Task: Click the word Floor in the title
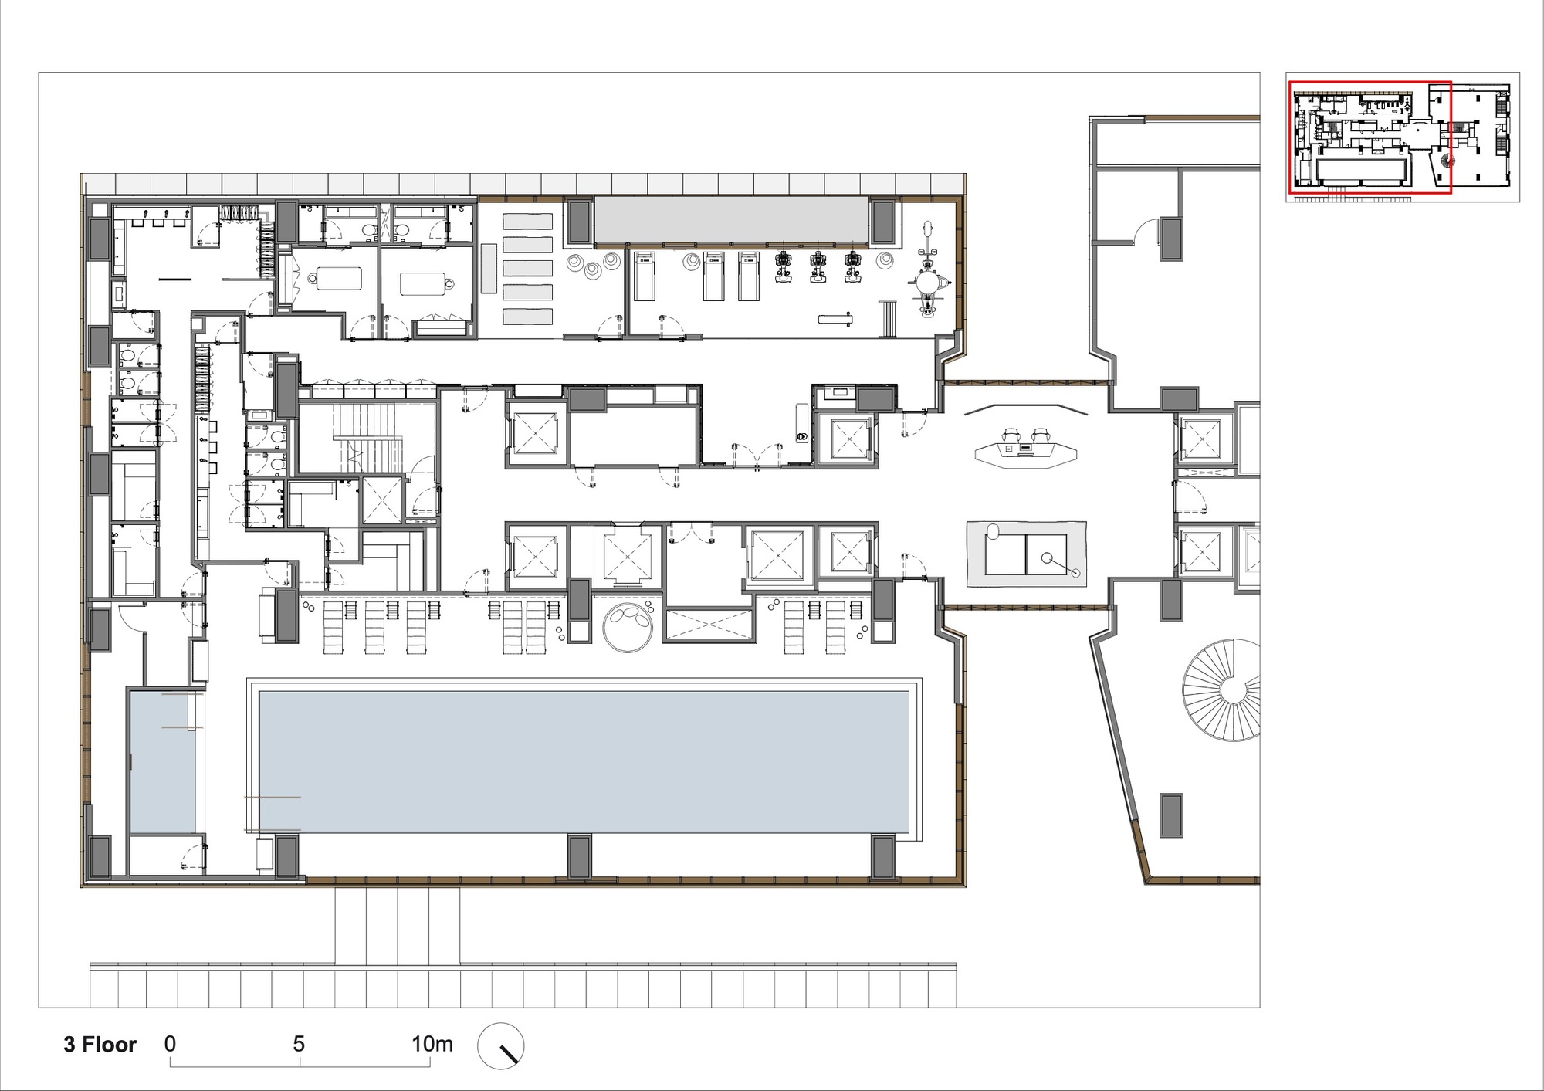coord(109,1045)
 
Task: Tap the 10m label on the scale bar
coord(432,1044)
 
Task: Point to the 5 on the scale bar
coord(299,1044)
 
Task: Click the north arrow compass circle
coord(500,1046)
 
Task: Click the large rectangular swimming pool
coord(584,761)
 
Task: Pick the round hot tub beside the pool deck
coord(628,628)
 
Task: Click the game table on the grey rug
coord(1026,554)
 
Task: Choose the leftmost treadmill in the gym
coord(644,276)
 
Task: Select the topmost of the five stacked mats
coord(528,221)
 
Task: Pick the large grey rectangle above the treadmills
coord(730,220)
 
